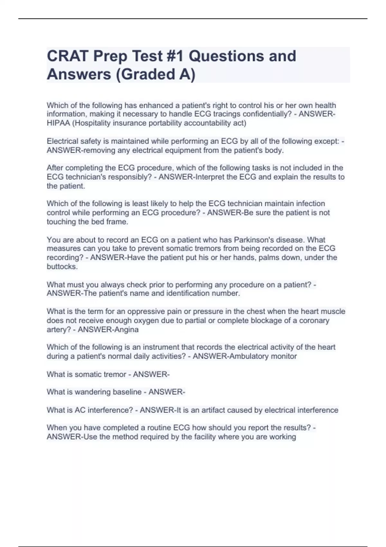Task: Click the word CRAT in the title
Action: tap(68, 56)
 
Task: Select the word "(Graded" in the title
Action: tap(143, 74)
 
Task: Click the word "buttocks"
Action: tap(62, 267)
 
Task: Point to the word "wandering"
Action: tap(93, 392)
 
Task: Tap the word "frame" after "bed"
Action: tap(118, 222)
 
